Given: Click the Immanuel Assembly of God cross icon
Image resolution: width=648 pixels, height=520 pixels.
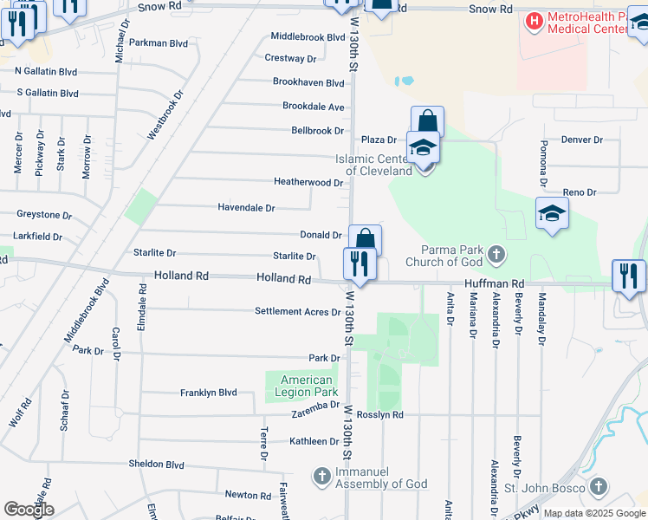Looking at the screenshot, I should (x=321, y=476).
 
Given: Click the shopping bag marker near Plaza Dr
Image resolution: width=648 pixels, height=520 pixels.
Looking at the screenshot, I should (x=427, y=121).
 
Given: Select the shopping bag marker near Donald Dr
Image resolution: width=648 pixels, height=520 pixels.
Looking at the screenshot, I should (x=365, y=239).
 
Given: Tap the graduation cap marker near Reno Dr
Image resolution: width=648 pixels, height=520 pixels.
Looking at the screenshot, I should (x=552, y=213).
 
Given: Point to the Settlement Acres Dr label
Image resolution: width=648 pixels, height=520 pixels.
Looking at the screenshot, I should (x=297, y=312).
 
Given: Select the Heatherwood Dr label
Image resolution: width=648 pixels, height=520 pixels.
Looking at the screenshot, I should (x=308, y=183).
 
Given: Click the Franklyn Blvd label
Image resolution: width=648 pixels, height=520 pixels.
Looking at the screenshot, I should (x=208, y=393).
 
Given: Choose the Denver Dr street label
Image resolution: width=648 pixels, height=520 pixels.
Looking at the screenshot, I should (x=581, y=140).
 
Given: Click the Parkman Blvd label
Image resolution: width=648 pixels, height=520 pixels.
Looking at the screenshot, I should (x=158, y=42).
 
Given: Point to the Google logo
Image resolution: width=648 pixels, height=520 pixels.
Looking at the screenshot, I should (x=29, y=510).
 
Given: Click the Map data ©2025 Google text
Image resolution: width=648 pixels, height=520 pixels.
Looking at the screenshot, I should (x=594, y=513).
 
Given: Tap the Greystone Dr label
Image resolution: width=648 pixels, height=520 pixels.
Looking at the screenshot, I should (x=44, y=214).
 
